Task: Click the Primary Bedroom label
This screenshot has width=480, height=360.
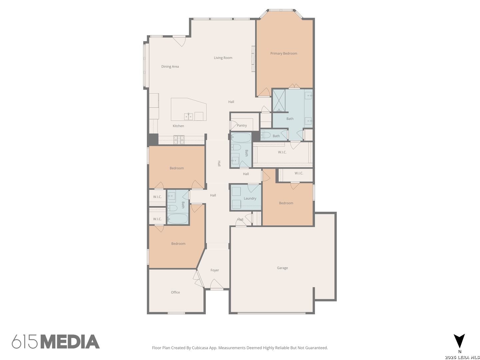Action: pyautogui.click(x=283, y=53)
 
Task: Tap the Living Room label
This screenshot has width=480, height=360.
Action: pyautogui.click(x=223, y=58)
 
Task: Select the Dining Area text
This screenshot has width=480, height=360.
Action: pyautogui.click(x=170, y=67)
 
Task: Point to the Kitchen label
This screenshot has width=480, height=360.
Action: pyautogui.click(x=178, y=126)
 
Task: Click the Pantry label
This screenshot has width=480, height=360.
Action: pyautogui.click(x=242, y=126)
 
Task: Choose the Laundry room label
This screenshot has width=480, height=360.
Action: pyautogui.click(x=250, y=199)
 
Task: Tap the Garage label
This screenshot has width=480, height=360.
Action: pyautogui.click(x=282, y=268)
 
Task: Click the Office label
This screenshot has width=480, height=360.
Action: pyautogui.click(x=175, y=292)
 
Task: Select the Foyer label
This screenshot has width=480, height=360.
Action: pyautogui.click(x=215, y=270)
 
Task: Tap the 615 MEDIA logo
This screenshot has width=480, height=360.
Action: pyautogui.click(x=56, y=342)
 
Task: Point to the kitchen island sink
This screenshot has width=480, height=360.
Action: pyautogui.click(x=188, y=116)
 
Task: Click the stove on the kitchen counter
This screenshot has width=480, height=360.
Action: pyautogui.click(x=179, y=139)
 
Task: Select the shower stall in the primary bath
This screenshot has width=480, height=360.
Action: pyautogui.click(x=279, y=100)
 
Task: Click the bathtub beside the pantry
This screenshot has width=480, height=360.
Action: pyautogui.click(x=241, y=137)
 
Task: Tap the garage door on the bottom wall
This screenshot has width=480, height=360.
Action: pyautogui.click(x=271, y=313)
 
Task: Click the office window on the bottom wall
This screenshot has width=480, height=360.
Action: pyautogui.click(x=176, y=313)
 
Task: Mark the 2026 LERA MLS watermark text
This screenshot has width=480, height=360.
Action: pyautogui.click(x=462, y=357)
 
